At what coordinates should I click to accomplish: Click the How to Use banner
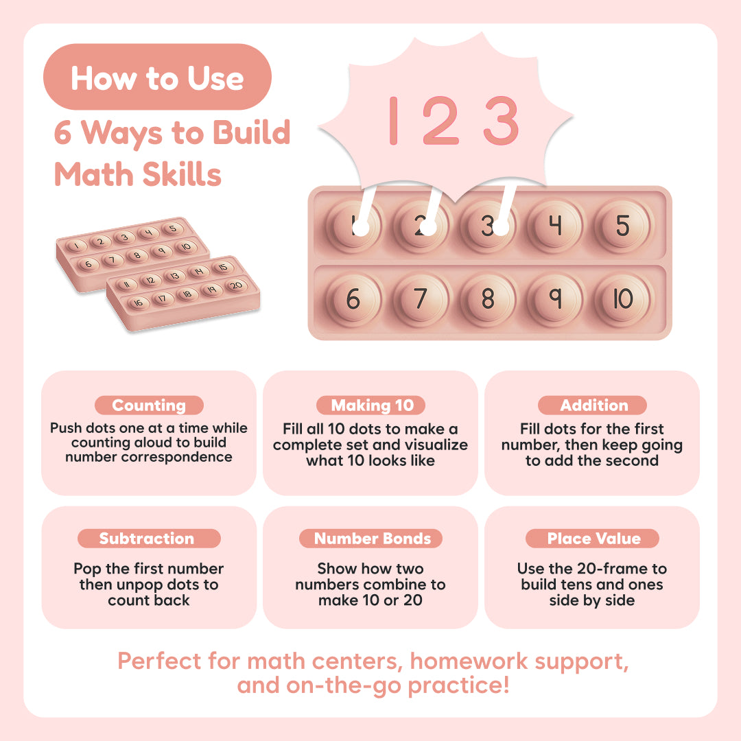[x=157, y=77]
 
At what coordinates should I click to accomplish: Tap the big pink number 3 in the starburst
[x=502, y=121]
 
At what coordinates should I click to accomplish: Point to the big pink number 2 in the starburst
[x=440, y=121]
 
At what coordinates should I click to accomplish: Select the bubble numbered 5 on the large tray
[x=623, y=226]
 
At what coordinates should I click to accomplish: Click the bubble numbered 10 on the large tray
[x=623, y=299]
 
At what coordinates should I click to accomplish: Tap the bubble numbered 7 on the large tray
[x=421, y=299]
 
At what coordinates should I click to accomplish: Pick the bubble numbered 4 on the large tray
[x=555, y=226]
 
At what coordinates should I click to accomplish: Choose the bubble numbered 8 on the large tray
[x=488, y=299]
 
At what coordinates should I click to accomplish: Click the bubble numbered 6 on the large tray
[x=353, y=299]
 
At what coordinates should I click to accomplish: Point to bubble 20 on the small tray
[x=236, y=285]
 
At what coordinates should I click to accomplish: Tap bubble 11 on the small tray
[x=126, y=285]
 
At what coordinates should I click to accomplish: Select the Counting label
[x=149, y=405]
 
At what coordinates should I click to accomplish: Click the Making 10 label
[x=371, y=405]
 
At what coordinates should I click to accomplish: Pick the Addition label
[x=593, y=405]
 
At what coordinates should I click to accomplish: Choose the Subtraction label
[x=149, y=539]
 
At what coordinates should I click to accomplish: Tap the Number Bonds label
[x=371, y=539]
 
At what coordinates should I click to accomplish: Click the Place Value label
[x=593, y=539]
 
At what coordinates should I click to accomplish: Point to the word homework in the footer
[x=469, y=661]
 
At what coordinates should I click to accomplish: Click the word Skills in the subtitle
[x=182, y=174]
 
